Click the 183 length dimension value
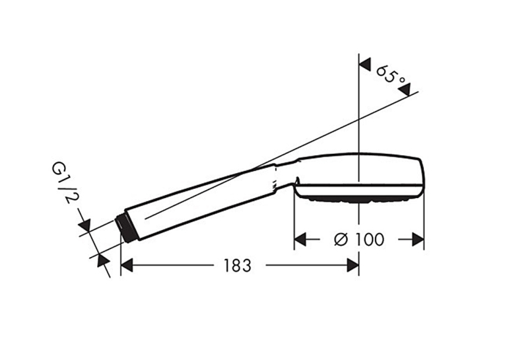click(x=238, y=266)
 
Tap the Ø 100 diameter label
click(x=359, y=240)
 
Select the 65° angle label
click(x=390, y=75)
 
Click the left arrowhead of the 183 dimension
click(x=127, y=266)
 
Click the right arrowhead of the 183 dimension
click(x=353, y=266)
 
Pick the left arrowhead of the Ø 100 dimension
click(x=300, y=240)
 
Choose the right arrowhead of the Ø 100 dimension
click(x=418, y=240)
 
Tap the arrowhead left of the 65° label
click(x=365, y=65)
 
